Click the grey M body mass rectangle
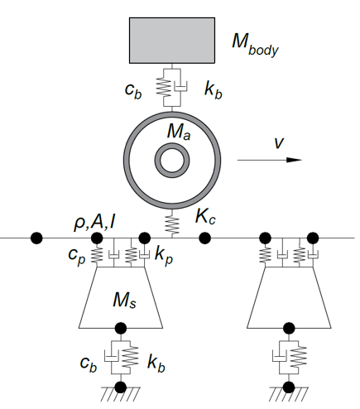(x=172, y=41)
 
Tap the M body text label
(x=255, y=45)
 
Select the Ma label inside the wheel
(x=179, y=132)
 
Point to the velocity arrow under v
(x=270, y=160)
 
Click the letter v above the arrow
(x=279, y=142)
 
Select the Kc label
(x=205, y=216)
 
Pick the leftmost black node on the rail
(x=36, y=238)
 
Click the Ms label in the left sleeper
(x=124, y=300)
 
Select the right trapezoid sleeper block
(x=289, y=297)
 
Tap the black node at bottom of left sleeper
(x=121, y=328)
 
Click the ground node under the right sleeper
(x=289, y=387)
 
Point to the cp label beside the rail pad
(x=77, y=256)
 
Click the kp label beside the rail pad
(x=164, y=256)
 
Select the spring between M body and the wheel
(x=164, y=87)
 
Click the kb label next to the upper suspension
(x=214, y=89)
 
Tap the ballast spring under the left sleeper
(x=131, y=357)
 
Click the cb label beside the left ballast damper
(x=89, y=364)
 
